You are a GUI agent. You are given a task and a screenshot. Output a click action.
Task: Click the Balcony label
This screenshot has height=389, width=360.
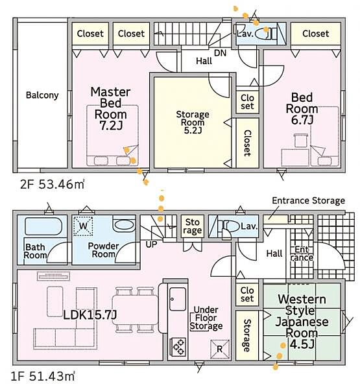coord(42,95)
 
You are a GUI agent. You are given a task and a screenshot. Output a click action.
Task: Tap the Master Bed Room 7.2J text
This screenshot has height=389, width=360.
coord(110,109)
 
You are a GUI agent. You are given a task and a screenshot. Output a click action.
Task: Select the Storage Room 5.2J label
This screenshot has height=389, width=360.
coord(193,122)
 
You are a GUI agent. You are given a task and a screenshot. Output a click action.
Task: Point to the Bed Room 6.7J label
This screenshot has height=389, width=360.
coord(302,108)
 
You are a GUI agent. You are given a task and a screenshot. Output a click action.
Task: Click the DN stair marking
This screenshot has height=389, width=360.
coord(221,53)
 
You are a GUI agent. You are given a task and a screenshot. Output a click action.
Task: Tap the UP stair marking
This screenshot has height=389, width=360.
coord(151,244)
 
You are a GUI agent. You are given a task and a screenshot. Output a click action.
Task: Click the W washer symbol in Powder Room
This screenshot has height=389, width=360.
coord(83,226)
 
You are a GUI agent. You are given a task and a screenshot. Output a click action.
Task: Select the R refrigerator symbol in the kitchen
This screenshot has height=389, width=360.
coord(220,349)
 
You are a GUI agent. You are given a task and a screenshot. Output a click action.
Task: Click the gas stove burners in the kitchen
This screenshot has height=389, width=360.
coord(178,347)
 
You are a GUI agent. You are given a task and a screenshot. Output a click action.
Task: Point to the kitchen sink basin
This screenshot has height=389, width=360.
coord(178,298)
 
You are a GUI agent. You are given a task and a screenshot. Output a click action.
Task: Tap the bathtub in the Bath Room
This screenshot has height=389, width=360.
coord(43,226)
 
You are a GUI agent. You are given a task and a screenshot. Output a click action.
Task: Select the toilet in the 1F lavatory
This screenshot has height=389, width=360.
coord(228,226)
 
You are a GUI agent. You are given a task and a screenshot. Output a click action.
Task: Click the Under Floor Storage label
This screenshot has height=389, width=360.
coord(206,318)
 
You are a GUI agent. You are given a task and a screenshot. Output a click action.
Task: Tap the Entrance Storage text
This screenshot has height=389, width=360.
coord(308,200)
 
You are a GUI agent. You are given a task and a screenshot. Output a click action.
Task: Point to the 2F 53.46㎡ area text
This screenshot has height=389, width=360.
coord(53,184)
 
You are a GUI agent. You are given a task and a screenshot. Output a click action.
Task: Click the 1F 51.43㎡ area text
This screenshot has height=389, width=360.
coord(43,376)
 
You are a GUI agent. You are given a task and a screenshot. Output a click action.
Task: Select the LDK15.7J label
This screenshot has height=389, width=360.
coord(90,315)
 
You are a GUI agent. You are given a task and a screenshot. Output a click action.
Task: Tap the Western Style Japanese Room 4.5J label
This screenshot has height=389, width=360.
coord(302,322)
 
